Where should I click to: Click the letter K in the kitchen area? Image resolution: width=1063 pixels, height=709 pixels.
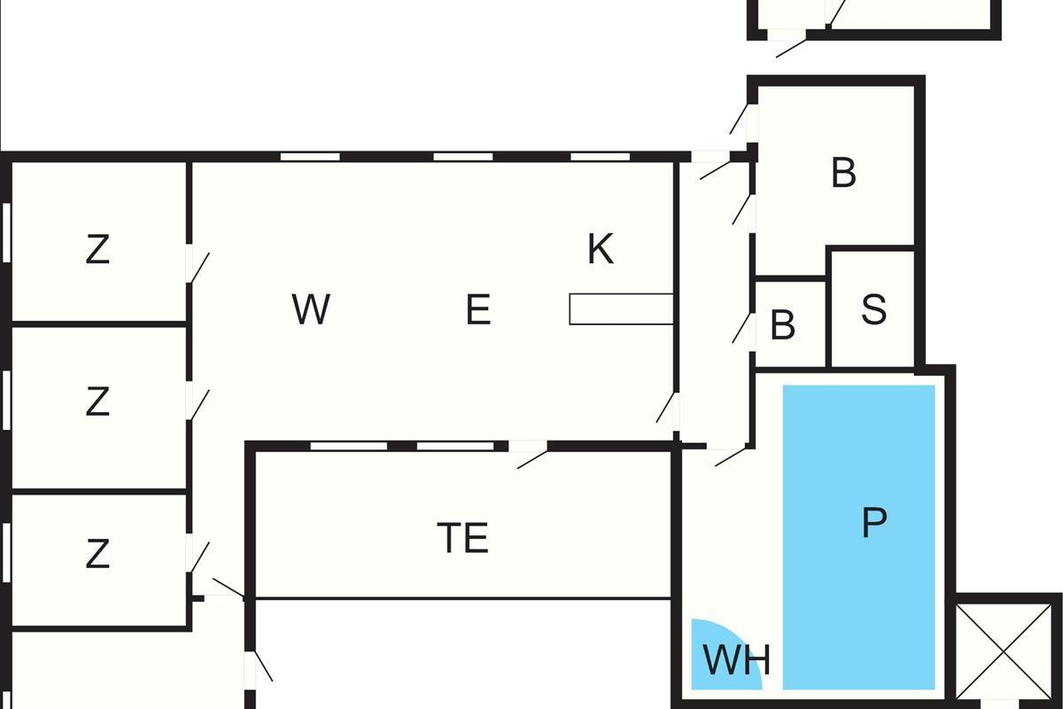(x=601, y=250)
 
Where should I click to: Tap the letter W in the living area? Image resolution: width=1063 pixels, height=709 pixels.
(x=310, y=310)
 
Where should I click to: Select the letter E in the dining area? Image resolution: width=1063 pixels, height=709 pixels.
(x=477, y=310)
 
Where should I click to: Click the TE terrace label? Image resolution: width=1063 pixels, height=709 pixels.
(x=463, y=538)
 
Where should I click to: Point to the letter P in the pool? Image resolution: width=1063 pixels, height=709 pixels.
(x=873, y=523)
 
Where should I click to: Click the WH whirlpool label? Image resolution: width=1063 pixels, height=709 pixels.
(x=736, y=660)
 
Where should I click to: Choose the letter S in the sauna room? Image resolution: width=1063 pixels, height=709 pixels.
(x=873, y=309)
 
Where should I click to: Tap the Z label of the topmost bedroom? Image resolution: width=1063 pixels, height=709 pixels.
(x=97, y=251)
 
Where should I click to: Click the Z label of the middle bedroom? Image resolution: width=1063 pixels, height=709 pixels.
(x=97, y=402)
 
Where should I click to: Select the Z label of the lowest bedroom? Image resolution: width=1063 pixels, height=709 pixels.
(x=97, y=555)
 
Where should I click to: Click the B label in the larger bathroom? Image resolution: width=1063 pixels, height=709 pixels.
(x=843, y=173)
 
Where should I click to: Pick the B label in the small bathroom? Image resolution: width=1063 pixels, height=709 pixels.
(x=782, y=326)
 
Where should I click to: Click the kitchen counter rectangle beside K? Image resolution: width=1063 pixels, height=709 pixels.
(x=620, y=309)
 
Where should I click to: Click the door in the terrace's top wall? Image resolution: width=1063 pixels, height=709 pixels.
(x=530, y=454)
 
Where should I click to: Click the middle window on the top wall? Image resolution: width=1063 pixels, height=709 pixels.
(x=462, y=157)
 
